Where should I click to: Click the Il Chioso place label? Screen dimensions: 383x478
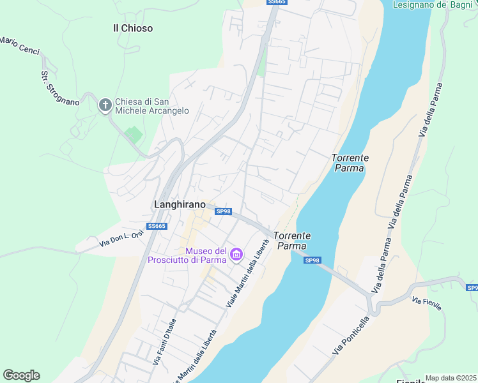click(x=132, y=28)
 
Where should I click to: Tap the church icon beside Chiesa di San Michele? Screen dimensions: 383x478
click(x=105, y=105)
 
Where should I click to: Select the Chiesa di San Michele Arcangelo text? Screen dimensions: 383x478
click(x=152, y=106)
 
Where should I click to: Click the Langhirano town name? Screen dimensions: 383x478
click(x=180, y=204)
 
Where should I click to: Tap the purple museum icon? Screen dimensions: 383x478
click(x=236, y=255)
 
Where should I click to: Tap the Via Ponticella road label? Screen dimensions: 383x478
click(x=351, y=336)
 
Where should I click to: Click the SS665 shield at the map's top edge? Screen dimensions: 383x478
click(x=277, y=3)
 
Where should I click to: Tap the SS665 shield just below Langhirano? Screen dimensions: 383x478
click(x=157, y=226)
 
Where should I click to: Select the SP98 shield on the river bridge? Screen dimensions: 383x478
click(x=311, y=260)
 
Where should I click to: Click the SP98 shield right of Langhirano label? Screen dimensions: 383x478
click(x=223, y=211)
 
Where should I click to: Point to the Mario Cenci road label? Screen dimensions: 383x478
click(x=20, y=45)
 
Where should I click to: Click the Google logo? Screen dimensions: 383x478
click(x=21, y=375)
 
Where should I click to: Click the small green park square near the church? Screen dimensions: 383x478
click(x=134, y=135)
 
